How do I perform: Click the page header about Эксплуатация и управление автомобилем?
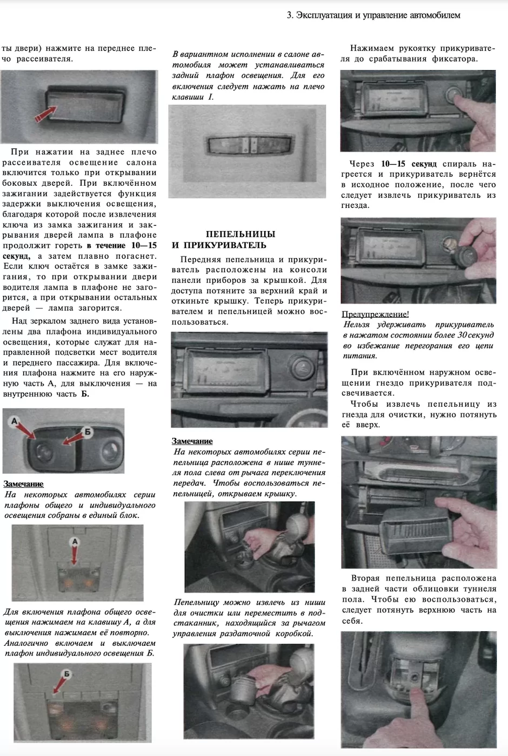click(x=373, y=15)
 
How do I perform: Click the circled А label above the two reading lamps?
click(x=15, y=420)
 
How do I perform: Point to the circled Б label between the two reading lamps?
click(x=88, y=431)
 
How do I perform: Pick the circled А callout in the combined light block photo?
click(x=75, y=541)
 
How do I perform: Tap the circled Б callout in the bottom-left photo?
click(x=66, y=674)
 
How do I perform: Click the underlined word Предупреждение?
click(x=375, y=314)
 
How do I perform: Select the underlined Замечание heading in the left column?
click(x=23, y=484)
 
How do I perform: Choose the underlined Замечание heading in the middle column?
click(x=192, y=441)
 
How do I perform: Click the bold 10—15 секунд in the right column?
click(x=409, y=164)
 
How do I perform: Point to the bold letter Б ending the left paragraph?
click(x=85, y=394)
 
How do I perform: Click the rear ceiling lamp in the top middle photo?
click(x=248, y=145)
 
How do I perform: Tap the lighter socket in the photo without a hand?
click(x=300, y=368)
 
